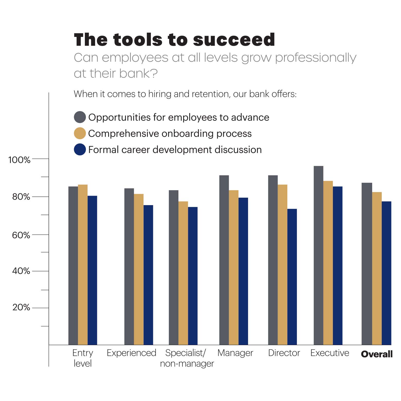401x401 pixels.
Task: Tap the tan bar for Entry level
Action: click(83, 265)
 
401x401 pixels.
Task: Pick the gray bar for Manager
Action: click(224, 260)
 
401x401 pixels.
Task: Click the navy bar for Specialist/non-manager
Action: click(193, 276)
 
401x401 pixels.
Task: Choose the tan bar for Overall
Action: click(377, 268)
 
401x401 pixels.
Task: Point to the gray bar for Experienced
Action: click(129, 266)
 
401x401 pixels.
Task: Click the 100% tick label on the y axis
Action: click(19, 160)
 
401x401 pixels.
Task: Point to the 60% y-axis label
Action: click(21, 235)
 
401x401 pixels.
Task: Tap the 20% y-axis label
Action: click(21, 307)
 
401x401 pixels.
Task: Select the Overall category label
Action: click(377, 354)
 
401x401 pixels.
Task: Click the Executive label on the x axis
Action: click(330, 353)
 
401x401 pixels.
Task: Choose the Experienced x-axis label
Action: click(131, 353)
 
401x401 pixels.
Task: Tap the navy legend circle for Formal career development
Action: click(80, 150)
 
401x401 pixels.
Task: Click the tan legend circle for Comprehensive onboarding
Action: click(80, 133)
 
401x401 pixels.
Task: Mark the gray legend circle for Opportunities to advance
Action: click(80, 117)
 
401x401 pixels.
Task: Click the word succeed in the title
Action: click(234, 40)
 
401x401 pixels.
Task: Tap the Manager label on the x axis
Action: click(235, 353)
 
